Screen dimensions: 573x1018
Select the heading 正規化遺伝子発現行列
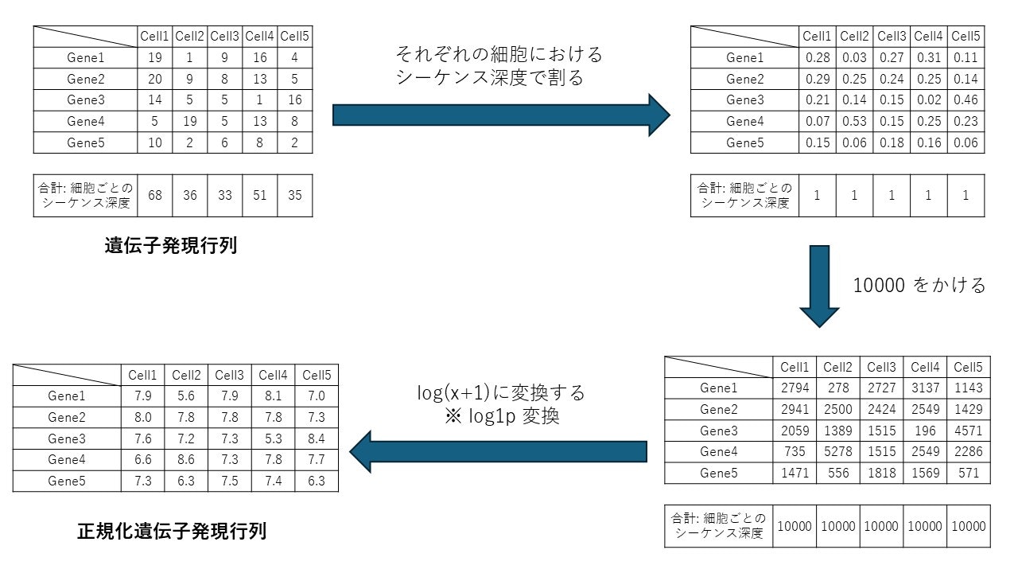(172, 531)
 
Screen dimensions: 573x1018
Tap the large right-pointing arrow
(501, 115)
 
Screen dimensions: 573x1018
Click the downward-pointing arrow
(819, 286)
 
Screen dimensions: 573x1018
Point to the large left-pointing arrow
(498, 451)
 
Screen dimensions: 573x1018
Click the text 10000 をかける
(919, 285)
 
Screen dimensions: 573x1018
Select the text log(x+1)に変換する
(501, 392)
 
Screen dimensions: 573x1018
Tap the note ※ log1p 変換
(502, 416)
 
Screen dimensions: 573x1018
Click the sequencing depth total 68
(154, 195)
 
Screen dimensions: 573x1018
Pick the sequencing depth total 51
(259, 195)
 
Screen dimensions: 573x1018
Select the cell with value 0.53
(854, 121)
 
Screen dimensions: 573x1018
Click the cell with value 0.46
(966, 100)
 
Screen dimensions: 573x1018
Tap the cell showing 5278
(838, 451)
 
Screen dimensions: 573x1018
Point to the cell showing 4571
(968, 431)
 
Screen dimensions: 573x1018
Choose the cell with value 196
(925, 431)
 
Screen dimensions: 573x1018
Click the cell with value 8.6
(188, 460)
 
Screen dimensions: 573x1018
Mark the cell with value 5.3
(273, 439)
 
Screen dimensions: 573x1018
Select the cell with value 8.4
(316, 439)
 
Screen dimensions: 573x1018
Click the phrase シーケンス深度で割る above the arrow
(489, 78)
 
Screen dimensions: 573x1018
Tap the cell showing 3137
(925, 388)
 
